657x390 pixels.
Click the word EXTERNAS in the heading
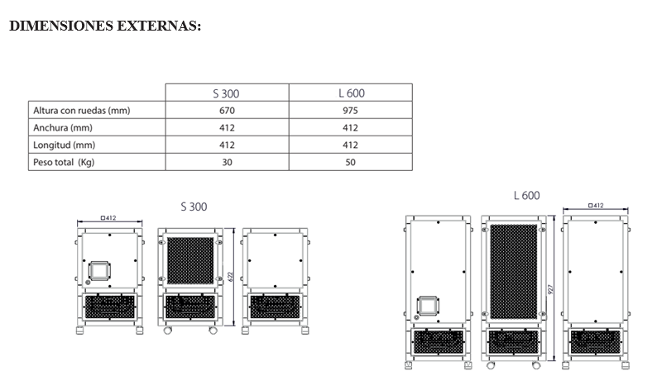click(158, 26)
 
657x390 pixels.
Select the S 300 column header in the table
click(226, 93)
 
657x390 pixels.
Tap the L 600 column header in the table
click(352, 93)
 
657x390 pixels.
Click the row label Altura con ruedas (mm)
click(82, 111)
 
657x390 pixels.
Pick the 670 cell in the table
click(227, 111)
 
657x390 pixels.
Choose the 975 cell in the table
click(350, 111)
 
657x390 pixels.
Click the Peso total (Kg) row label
click(64, 162)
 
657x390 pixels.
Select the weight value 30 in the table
click(227, 162)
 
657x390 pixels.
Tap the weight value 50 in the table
click(350, 162)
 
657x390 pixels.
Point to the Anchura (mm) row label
click(63, 127)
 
